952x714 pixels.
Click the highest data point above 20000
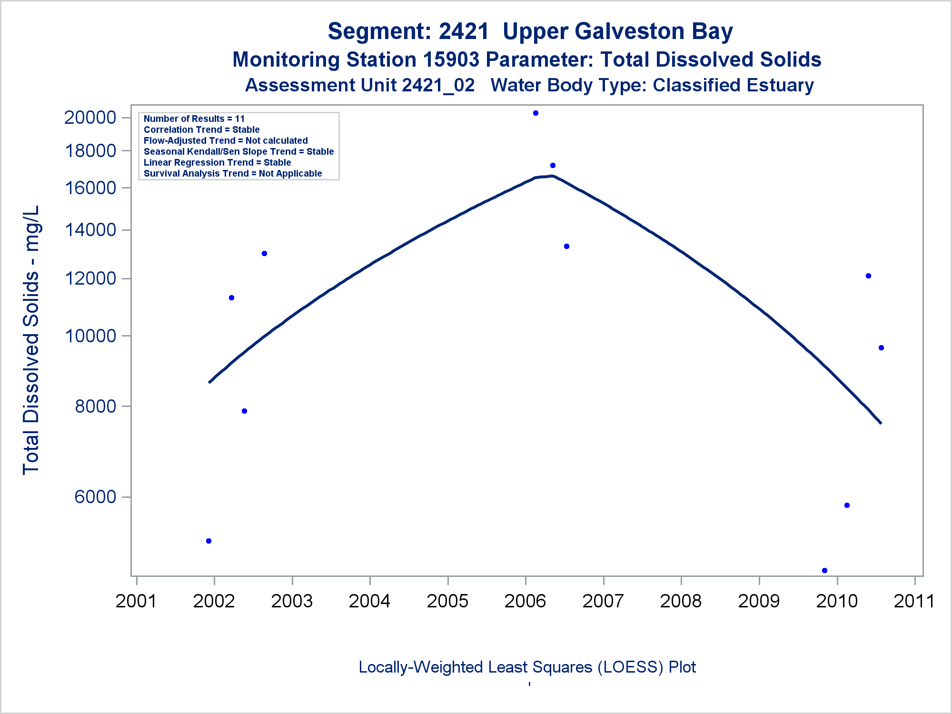(x=535, y=113)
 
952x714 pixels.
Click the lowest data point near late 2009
(x=824, y=570)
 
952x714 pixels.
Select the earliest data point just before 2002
(x=208, y=541)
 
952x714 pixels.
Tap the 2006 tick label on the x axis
(x=526, y=601)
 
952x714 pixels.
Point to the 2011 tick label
(x=914, y=601)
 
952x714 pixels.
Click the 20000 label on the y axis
(x=90, y=118)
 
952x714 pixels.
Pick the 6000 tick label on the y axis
(x=96, y=497)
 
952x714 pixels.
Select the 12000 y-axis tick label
(x=90, y=278)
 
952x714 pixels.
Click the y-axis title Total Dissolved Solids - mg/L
(x=31, y=340)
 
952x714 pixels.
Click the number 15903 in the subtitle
(x=451, y=60)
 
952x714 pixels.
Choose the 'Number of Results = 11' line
(x=194, y=119)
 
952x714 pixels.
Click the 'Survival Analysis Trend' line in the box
(x=233, y=173)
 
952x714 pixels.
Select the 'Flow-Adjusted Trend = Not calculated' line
(x=226, y=140)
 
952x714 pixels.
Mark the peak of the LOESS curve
(x=551, y=176)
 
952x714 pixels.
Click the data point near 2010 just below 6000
(x=847, y=505)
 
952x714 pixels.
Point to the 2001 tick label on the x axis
(x=136, y=601)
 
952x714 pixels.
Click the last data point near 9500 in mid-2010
(x=881, y=348)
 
